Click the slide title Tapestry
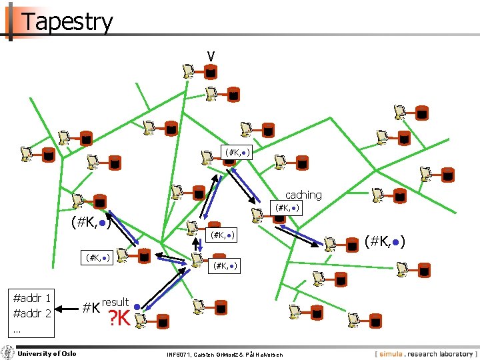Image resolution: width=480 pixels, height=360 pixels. coord(67,22)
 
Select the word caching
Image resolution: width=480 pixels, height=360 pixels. coord(303,195)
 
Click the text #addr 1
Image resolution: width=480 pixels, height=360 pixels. coord(33,297)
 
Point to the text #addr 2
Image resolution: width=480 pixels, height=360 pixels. coord(33,313)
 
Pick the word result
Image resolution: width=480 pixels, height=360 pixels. coord(115,302)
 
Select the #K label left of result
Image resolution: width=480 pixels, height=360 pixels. coord(91,308)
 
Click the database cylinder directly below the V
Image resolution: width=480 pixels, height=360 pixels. coord(210,72)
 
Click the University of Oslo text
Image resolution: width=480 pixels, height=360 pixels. coord(47,353)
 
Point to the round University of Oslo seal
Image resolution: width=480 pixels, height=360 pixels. coord(7,353)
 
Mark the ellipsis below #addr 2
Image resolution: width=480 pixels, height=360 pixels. coord(18,329)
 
